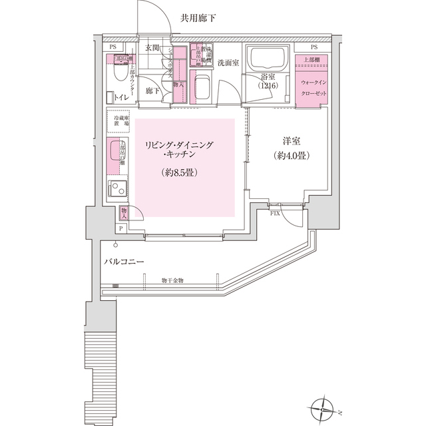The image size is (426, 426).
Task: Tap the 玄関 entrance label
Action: pos(152,48)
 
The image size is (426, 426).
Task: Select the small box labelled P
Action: pos(120,228)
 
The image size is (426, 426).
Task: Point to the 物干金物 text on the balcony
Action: pos(173,280)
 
